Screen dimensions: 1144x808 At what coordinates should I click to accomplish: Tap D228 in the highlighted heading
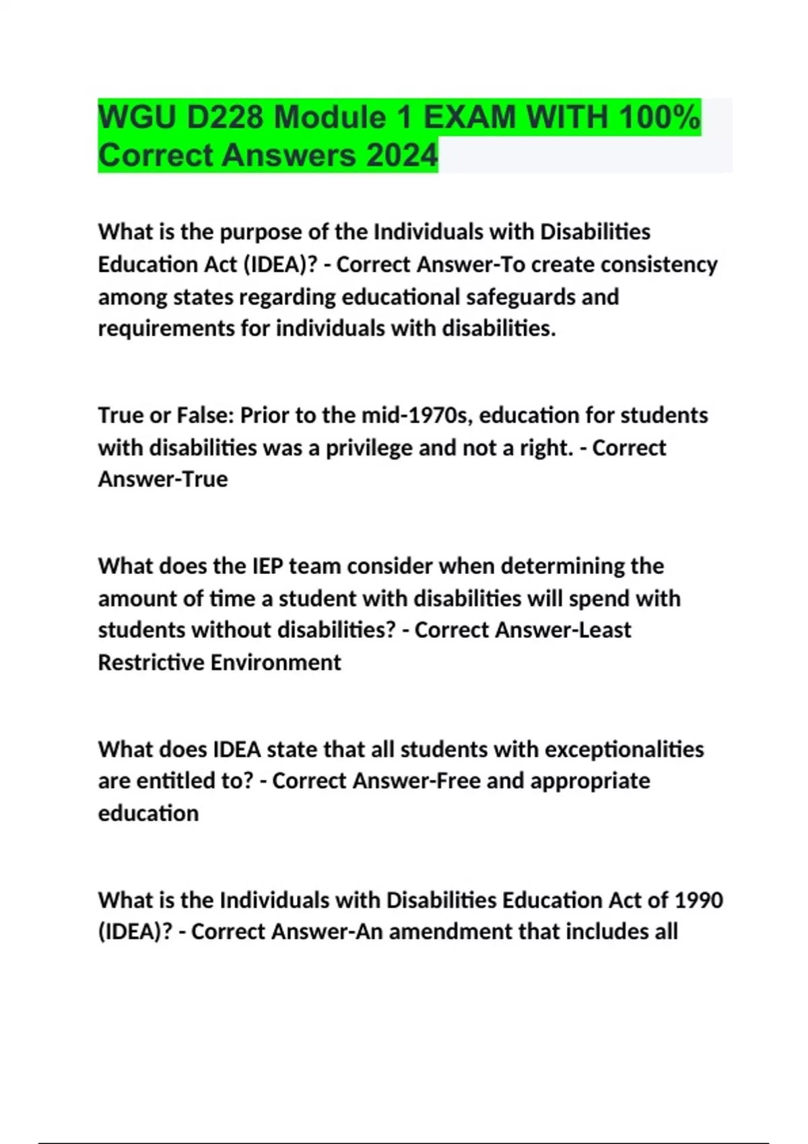225,118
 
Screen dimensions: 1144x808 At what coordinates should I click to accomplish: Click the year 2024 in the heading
402,155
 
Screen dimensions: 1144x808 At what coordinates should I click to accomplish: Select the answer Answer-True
163,479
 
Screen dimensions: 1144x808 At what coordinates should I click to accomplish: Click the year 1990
698,900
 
